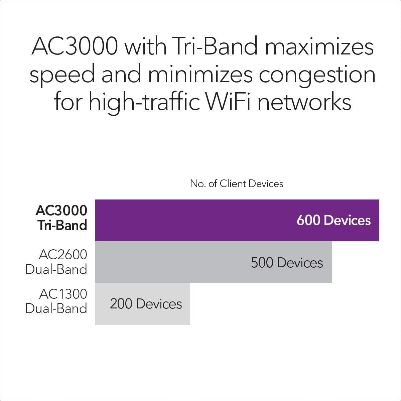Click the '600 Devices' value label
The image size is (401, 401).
(x=333, y=221)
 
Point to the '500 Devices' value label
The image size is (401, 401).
(x=287, y=263)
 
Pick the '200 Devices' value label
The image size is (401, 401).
(x=146, y=304)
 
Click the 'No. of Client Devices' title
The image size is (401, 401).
(x=237, y=183)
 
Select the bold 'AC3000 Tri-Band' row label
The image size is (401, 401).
(x=61, y=218)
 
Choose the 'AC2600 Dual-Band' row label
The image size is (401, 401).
(x=56, y=262)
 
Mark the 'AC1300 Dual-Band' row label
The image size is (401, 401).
(x=56, y=301)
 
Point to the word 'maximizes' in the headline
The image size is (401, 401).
(x=319, y=46)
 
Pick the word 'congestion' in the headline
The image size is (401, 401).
(x=317, y=76)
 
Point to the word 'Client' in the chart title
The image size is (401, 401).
(x=233, y=183)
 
